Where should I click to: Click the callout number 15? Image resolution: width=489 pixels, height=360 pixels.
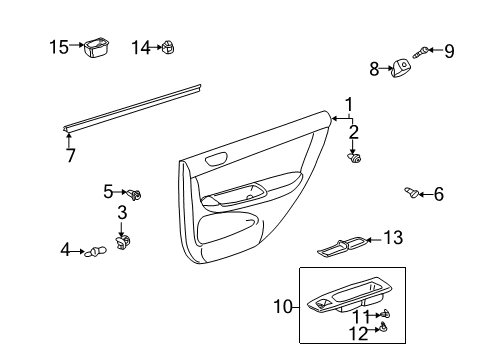[x=60, y=46]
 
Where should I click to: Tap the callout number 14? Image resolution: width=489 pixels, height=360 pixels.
[x=141, y=46]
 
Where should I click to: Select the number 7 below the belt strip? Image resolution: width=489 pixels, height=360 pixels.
[x=70, y=156]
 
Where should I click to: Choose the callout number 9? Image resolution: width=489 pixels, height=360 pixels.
[x=449, y=50]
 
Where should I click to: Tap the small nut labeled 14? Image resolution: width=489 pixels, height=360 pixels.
[x=169, y=46]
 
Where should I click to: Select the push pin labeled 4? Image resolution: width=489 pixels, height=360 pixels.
[x=95, y=251]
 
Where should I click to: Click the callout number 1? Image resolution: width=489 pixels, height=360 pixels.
[x=349, y=104]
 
